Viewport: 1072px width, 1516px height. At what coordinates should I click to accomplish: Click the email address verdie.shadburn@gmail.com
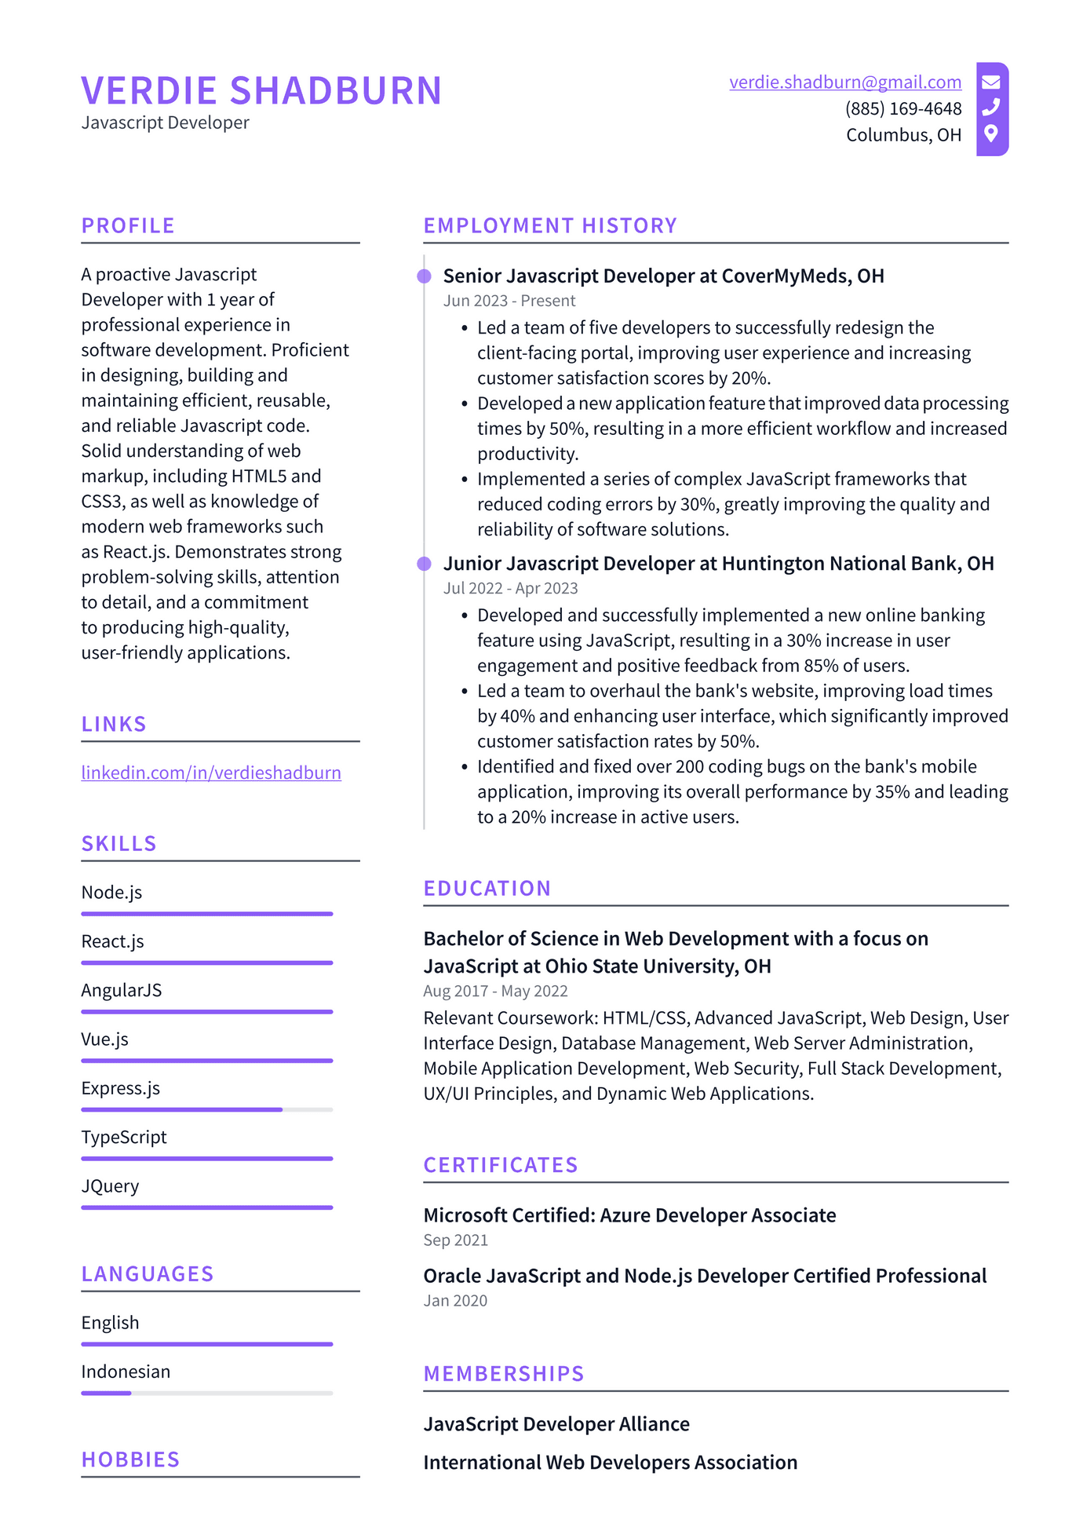pos(844,82)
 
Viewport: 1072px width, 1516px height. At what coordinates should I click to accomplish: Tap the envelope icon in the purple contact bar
pos(991,82)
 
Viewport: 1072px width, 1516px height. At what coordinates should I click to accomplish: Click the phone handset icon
pos(991,107)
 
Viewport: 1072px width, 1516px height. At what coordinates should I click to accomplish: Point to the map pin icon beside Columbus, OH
pos(991,133)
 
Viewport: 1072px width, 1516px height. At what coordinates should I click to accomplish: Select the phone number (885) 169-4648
pos(902,108)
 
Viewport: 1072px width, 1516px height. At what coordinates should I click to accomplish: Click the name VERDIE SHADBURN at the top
pos(261,91)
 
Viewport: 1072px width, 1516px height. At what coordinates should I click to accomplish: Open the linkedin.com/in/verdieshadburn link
pos(211,773)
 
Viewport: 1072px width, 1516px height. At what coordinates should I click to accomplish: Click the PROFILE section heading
pos(128,226)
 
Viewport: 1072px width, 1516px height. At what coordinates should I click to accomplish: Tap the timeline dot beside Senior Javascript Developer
pos(425,276)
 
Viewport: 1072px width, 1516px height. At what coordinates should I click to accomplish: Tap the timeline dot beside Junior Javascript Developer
pos(425,564)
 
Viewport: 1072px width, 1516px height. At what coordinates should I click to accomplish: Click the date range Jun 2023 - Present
pos(509,301)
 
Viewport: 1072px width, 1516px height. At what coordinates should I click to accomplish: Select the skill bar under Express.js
pos(206,1109)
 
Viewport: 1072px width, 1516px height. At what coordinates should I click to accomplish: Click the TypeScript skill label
pos(124,1137)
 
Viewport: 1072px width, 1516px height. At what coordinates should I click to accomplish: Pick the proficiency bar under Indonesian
pos(206,1393)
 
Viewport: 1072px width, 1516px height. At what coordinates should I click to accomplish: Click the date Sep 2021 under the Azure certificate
pos(455,1240)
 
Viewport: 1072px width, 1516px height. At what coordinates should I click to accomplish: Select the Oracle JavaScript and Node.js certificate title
pos(704,1276)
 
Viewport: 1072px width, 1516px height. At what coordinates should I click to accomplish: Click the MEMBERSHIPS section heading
pos(503,1374)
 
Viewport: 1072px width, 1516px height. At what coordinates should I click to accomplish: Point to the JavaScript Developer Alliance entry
pos(556,1424)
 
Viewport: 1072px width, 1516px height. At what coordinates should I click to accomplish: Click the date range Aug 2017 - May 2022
pos(494,992)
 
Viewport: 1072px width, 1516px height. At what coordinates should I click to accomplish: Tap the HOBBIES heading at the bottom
pos(130,1459)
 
